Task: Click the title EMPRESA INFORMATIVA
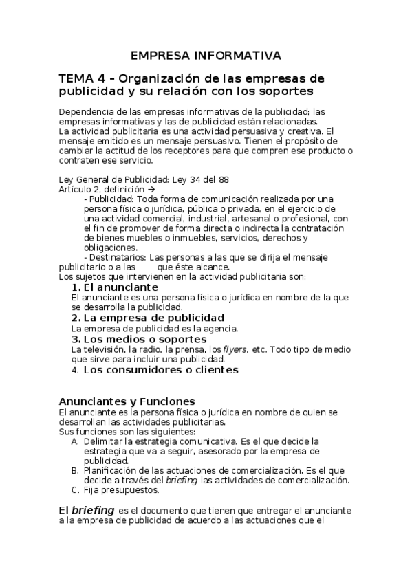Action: (206, 55)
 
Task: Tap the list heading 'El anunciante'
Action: (120, 287)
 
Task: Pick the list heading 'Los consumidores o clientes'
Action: (161, 370)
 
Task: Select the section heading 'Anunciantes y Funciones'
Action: (127, 401)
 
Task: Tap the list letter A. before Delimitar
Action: (75, 441)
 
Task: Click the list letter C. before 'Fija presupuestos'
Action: (75, 490)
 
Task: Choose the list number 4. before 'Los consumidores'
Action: (75, 370)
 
